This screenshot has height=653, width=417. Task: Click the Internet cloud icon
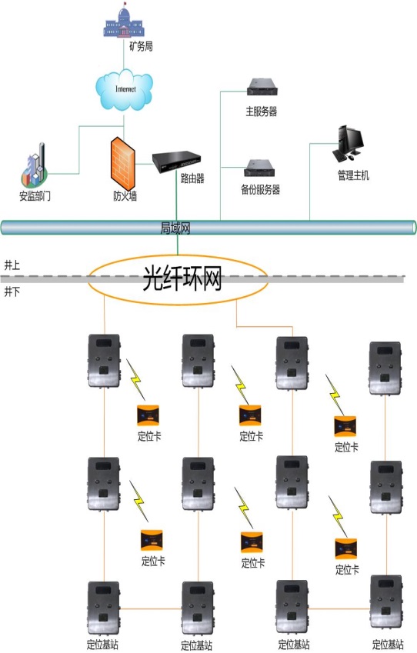[124, 90]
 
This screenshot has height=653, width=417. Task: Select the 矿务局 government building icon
[124, 21]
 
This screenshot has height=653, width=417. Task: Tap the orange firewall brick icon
[123, 163]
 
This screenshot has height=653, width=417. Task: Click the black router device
[176, 162]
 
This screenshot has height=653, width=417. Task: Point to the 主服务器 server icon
[262, 87]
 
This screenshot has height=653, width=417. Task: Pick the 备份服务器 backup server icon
[259, 168]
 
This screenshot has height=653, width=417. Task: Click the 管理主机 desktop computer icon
[348, 144]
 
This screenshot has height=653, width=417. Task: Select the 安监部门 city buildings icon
[35, 165]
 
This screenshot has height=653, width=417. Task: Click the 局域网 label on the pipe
[175, 228]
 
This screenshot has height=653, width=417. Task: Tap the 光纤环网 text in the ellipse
[182, 278]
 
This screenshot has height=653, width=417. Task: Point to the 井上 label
[12, 265]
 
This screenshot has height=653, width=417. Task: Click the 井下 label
[12, 292]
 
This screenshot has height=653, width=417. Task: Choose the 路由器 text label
[192, 178]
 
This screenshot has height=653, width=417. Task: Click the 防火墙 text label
[125, 195]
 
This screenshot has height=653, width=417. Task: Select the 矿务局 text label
[141, 46]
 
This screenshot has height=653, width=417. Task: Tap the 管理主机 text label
[353, 175]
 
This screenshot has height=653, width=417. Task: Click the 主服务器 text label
[261, 112]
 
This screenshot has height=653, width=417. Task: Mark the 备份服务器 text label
[260, 189]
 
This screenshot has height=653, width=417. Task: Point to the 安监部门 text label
[35, 195]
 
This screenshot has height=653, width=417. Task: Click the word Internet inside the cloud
[125, 89]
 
